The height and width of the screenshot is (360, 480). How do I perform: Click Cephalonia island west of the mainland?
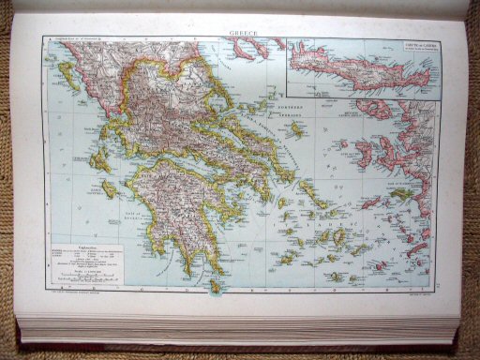coord(96,159)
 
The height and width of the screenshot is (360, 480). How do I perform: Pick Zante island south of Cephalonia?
coord(109,188)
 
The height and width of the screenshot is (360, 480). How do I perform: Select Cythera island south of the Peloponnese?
coord(217,284)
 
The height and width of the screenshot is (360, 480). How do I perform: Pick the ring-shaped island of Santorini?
coord(333,277)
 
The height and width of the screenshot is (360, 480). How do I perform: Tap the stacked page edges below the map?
coord(239,328)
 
